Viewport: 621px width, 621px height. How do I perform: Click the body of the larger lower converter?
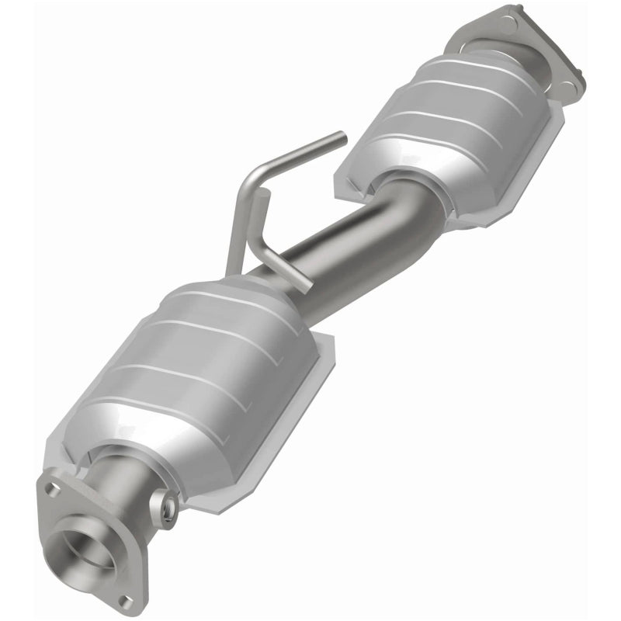coord(194,365)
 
